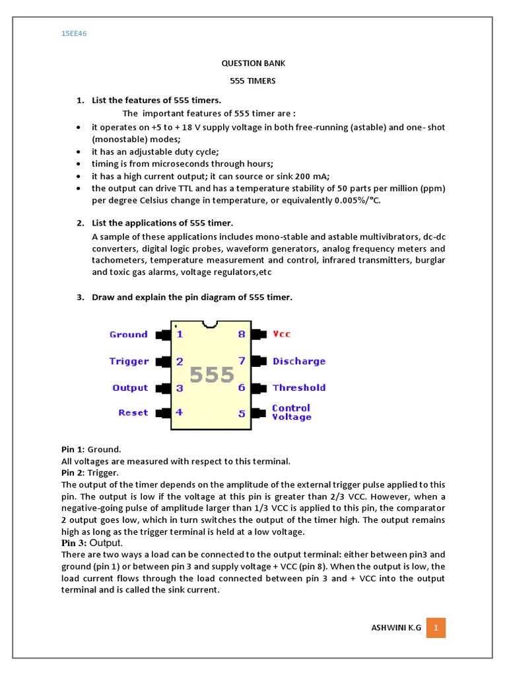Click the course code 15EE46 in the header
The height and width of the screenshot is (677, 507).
(74, 33)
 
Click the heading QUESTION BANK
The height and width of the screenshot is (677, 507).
(253, 63)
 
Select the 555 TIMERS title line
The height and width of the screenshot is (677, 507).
(253, 81)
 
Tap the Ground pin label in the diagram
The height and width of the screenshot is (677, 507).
(128, 335)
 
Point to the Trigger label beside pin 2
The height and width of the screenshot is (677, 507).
(129, 361)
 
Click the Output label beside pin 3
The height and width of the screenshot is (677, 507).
(130, 387)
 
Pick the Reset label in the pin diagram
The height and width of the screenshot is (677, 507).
(133, 413)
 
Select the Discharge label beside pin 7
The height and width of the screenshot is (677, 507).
(298, 361)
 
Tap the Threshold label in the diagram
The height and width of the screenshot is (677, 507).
(298, 387)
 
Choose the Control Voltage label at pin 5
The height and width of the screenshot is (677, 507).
(291, 413)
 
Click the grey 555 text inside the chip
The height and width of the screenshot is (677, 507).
(211, 375)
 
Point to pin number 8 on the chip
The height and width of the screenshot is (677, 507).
(242, 335)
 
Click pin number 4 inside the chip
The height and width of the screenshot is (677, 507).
(180, 413)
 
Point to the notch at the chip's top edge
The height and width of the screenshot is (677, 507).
(211, 324)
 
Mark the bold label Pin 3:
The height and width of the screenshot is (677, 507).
(74, 543)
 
